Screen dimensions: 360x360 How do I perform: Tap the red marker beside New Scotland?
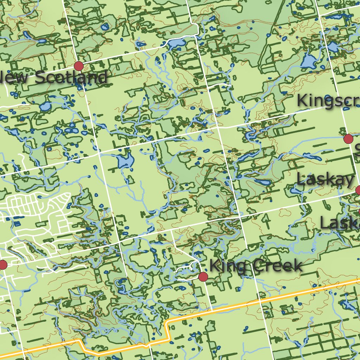pos(79,66)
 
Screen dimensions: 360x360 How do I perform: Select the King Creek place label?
pos(256,266)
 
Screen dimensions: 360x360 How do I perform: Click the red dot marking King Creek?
pos(203,277)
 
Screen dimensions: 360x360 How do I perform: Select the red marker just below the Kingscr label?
pos(348,139)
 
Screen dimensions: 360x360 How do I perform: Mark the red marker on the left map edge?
pos(2,265)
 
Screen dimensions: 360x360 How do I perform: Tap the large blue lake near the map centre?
pos(125,161)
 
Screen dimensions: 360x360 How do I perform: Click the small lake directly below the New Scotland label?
pos(45,106)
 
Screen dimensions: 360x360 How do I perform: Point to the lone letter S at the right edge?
pos(357,150)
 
